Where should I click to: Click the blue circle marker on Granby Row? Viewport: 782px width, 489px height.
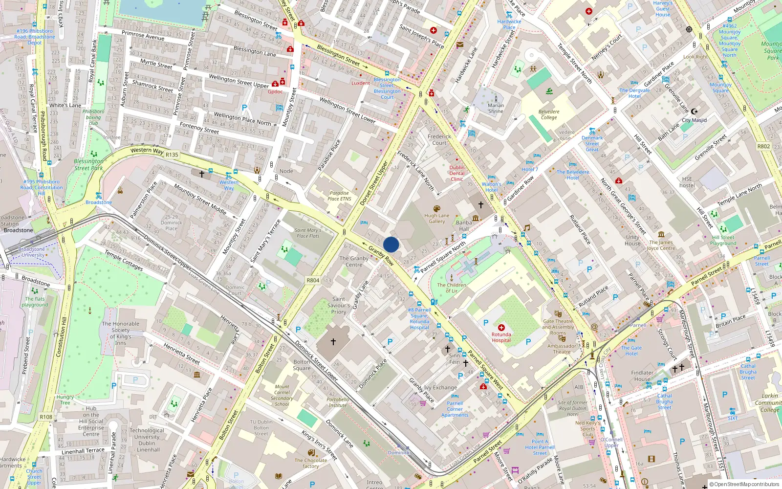pos(391,244)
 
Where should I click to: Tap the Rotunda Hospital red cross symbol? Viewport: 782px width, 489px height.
pos(501,328)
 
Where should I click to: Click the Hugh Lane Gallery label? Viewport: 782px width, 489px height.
pos(437,219)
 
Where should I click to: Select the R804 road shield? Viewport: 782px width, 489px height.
pos(313,280)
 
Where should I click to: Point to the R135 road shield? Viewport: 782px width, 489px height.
pos(172,155)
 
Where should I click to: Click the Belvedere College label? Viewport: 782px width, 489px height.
pos(549,114)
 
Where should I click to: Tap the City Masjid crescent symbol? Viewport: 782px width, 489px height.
pos(694,111)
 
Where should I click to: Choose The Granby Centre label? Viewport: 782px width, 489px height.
pos(354,262)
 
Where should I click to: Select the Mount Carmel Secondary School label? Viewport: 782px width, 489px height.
pos(282,395)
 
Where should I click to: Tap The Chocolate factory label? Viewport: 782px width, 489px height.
pos(311,463)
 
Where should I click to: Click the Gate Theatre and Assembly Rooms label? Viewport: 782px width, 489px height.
pos(558,327)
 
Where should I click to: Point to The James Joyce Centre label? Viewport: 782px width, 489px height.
pos(661,245)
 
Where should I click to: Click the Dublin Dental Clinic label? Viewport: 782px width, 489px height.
pos(457,173)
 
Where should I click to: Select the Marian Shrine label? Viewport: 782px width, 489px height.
pos(496,108)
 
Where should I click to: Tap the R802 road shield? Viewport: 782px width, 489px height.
pos(763,146)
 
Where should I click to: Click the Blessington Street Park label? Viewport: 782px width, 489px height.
pos(88,164)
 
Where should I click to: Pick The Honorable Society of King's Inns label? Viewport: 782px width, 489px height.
pos(121,333)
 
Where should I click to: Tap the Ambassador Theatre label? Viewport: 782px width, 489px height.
pos(562,349)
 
